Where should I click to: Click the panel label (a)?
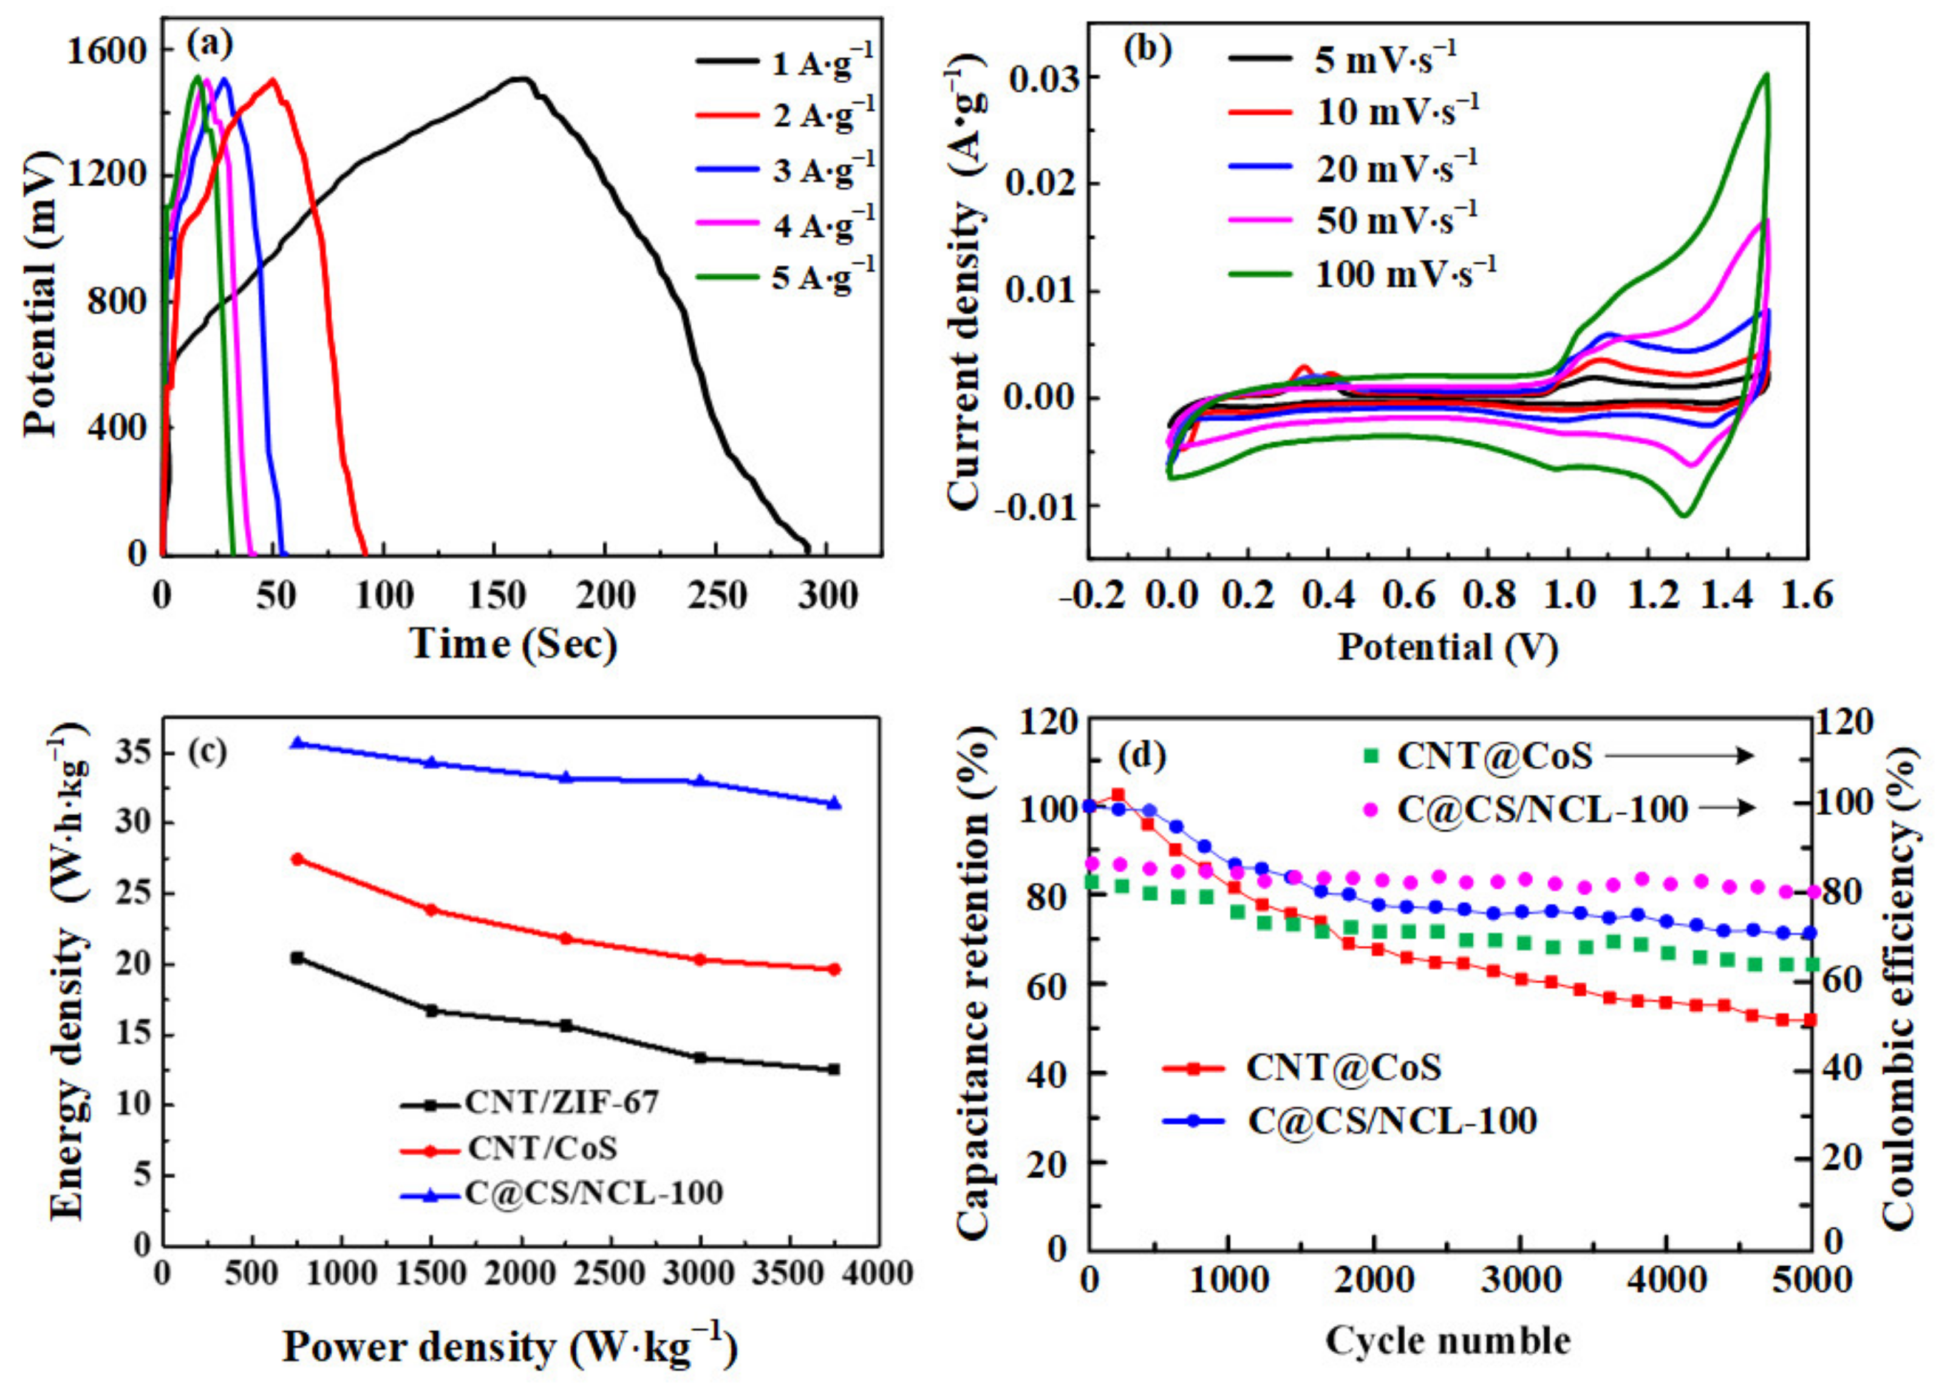[210, 42]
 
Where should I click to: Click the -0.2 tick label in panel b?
[1094, 594]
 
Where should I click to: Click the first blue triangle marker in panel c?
[298, 743]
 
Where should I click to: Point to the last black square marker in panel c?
[834, 1070]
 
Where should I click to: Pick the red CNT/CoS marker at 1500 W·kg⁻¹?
[431, 909]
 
